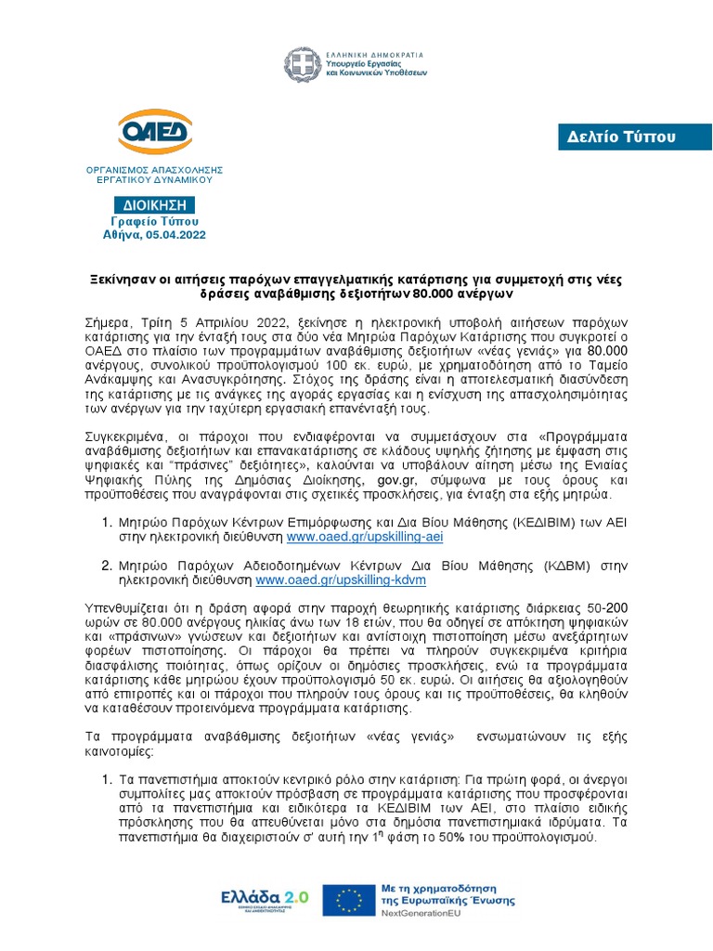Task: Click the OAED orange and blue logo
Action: click(x=155, y=136)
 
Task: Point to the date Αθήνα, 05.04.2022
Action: click(x=155, y=236)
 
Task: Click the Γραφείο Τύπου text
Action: click(x=155, y=222)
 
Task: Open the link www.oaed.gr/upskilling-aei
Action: click(x=354, y=538)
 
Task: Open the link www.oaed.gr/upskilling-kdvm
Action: click(x=341, y=580)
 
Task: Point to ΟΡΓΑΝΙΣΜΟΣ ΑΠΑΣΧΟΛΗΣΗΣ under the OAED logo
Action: click(x=155, y=171)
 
